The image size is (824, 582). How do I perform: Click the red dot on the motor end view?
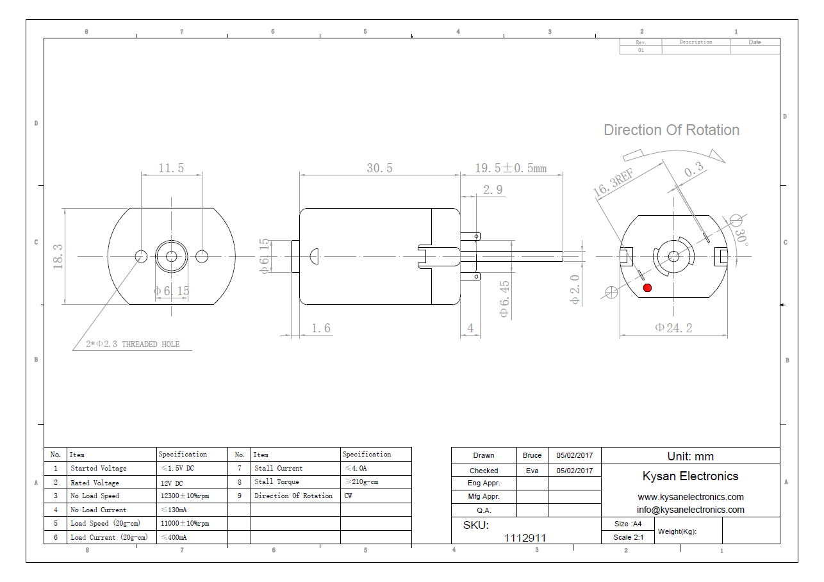647,287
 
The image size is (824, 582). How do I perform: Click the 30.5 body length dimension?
379,168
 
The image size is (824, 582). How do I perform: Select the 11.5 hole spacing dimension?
171,168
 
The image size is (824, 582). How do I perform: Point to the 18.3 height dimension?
58,256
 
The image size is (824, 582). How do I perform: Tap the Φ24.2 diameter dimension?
673,328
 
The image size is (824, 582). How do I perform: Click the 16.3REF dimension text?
613,183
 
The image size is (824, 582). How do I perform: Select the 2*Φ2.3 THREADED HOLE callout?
133,344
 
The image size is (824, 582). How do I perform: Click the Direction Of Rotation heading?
671,130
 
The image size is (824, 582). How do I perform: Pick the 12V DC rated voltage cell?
172,483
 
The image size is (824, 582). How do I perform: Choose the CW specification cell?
348,496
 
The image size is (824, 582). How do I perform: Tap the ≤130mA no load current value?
174,510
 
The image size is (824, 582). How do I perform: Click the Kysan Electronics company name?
690,476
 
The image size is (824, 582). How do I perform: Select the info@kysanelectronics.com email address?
690,510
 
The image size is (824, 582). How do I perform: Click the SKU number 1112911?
525,538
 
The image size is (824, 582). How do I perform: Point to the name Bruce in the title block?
532,456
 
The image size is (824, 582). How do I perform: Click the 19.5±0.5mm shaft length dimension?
511,168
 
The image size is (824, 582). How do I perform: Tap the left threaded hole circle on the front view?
141,256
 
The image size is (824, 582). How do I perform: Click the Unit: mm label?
690,457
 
